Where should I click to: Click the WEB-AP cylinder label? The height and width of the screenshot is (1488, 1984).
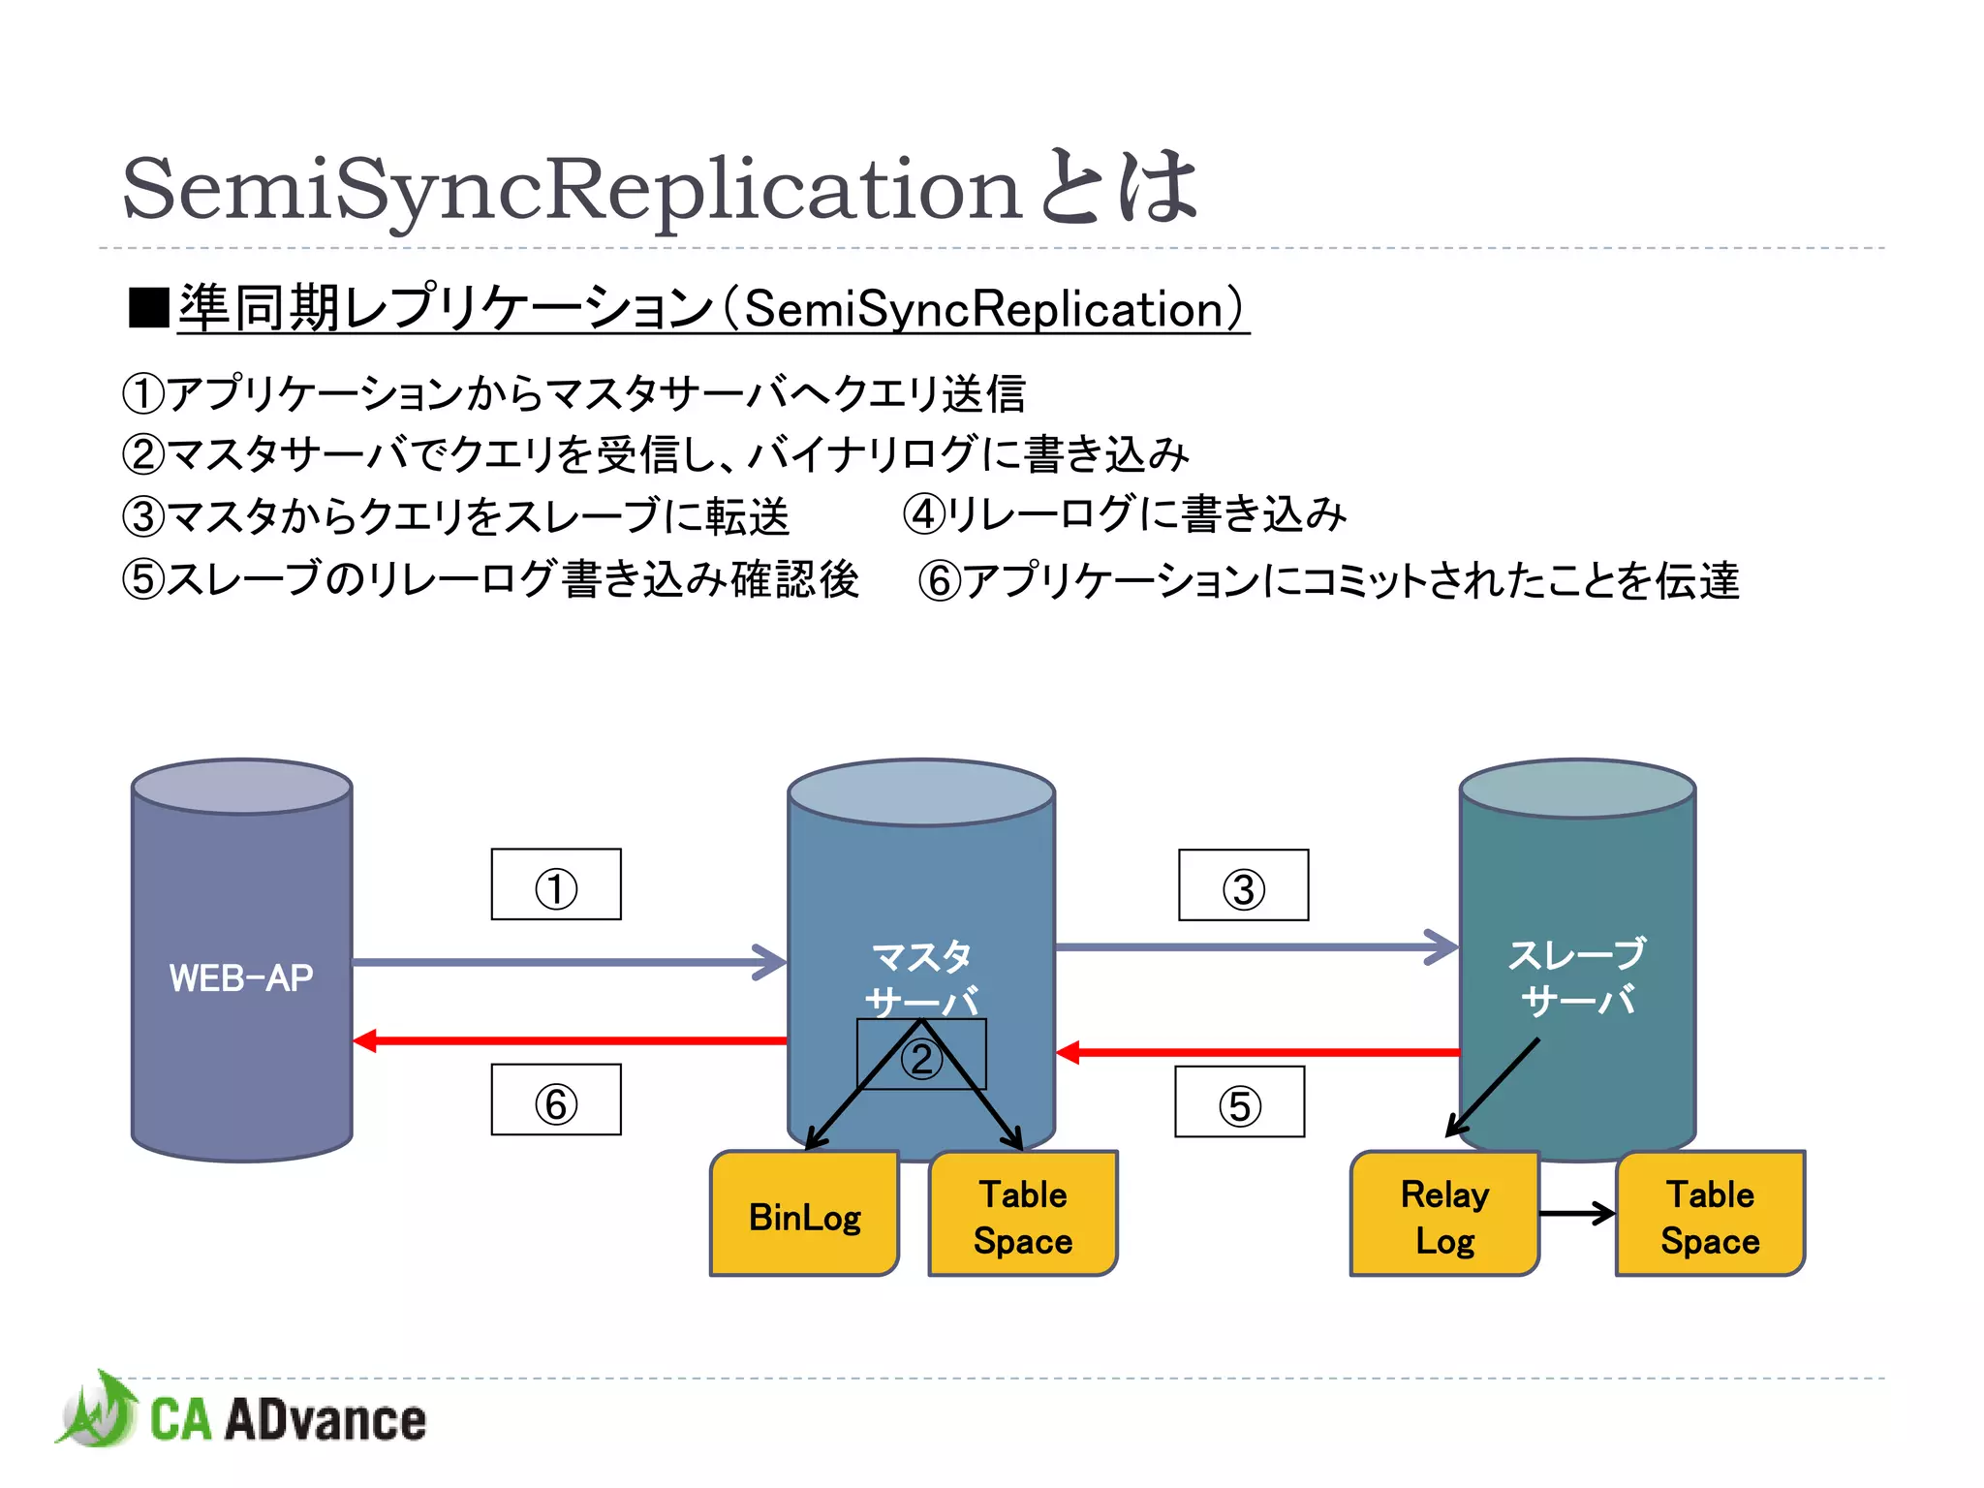point(241,977)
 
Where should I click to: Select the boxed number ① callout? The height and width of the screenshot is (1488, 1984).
point(556,885)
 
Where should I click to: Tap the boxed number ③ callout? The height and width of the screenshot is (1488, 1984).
point(1243,886)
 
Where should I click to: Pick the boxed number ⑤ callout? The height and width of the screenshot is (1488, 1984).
point(1239,1102)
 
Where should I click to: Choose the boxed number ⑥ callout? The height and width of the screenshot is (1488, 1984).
point(556,1100)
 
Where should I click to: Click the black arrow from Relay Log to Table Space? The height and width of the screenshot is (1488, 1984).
point(1576,1213)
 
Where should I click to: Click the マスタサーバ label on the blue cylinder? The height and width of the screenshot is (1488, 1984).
point(921,978)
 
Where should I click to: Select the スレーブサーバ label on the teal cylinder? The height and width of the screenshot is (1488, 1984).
point(1577,976)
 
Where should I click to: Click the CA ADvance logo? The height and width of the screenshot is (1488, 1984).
point(242,1416)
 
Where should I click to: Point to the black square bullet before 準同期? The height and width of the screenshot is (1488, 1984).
point(148,309)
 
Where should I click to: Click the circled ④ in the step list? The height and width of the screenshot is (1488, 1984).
point(923,514)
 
